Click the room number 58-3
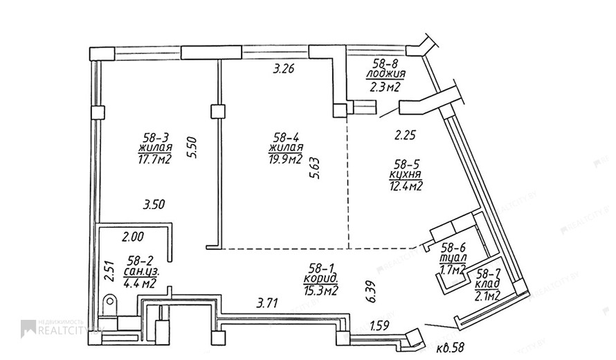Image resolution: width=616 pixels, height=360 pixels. (156, 138)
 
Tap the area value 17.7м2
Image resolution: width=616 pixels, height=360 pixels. (155, 159)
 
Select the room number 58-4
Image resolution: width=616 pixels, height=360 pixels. (287, 138)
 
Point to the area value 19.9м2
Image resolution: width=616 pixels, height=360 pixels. (286, 159)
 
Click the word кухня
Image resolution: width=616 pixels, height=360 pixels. (406, 174)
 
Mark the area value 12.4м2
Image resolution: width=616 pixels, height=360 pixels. (406, 186)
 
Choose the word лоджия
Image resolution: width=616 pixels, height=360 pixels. (386, 74)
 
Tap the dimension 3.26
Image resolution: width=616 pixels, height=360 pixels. (284, 69)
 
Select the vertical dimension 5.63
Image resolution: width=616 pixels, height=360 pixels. (315, 168)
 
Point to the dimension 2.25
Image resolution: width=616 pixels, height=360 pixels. (405, 136)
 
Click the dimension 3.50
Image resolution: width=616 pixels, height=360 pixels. (154, 205)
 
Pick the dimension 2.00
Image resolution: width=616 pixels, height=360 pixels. (133, 237)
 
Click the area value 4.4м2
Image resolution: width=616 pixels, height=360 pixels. (140, 283)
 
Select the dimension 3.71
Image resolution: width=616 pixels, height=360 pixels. (267, 303)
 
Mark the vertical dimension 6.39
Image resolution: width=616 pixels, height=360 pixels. (371, 291)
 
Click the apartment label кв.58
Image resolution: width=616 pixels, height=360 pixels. (451, 348)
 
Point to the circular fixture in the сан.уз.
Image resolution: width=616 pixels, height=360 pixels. (110, 301)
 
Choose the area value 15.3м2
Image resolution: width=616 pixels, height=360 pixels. (321, 291)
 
